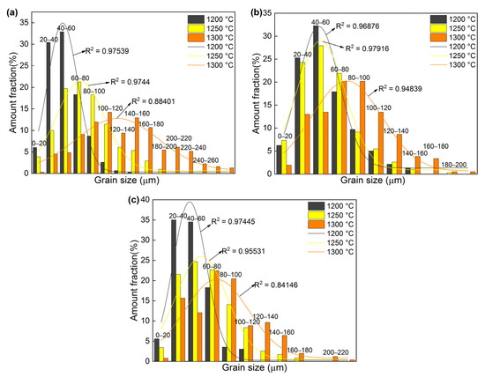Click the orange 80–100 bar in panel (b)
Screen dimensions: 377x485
pyautogui.click(x=362, y=129)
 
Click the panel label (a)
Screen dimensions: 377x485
pyautogui.click(x=9, y=11)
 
